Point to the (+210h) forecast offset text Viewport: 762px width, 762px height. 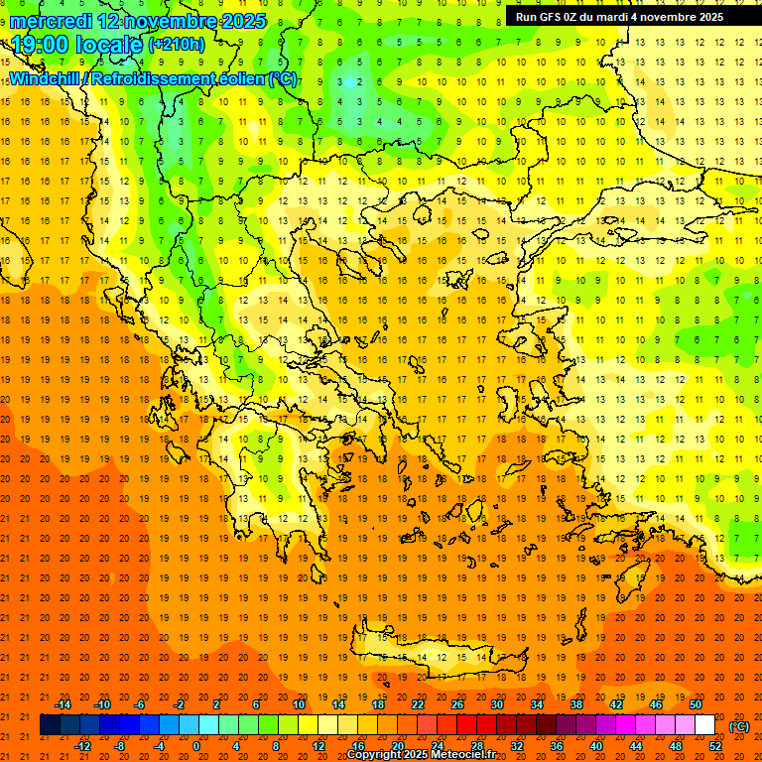pyautogui.click(x=176, y=44)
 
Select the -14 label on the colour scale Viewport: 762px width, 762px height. pyautogui.click(x=63, y=704)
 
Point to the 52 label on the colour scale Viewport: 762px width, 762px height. pyautogui.click(x=715, y=746)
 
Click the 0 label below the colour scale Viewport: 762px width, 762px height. pyautogui.click(x=196, y=746)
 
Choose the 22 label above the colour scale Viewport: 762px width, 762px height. pyautogui.click(x=418, y=704)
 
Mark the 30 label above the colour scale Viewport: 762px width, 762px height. pyautogui.click(x=497, y=704)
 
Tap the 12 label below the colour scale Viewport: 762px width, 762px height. pyautogui.click(x=318, y=746)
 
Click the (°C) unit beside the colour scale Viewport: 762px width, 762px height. pyautogui.click(x=739, y=726)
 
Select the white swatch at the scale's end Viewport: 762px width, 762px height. pyautogui.click(x=704, y=725)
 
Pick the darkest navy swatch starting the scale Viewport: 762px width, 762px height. pyautogui.click(x=50, y=725)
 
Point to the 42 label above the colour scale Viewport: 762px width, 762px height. pyautogui.click(x=616, y=704)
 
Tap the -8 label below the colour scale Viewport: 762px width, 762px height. pyautogui.click(x=121, y=746)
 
